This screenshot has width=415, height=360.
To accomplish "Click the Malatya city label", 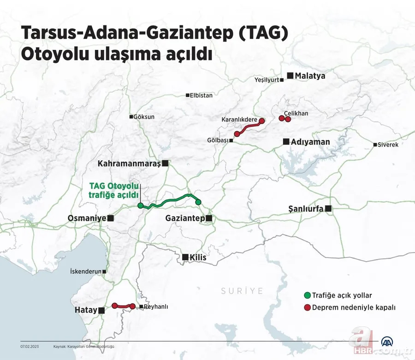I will pyautogui.click(x=310, y=76).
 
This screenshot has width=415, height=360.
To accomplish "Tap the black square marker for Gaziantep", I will pyautogui.click(x=209, y=218).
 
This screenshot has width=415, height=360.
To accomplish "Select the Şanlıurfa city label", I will pyautogui.click(x=305, y=209).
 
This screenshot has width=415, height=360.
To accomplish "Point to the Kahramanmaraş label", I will pyautogui.click(x=129, y=163).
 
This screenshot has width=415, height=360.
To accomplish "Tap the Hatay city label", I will pyautogui.click(x=86, y=311).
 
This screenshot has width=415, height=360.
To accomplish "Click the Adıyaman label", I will pyautogui.click(x=310, y=142).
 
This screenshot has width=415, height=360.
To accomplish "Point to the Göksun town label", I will pyautogui.click(x=144, y=117).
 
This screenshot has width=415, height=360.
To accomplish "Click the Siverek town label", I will pyautogui.click(x=387, y=144).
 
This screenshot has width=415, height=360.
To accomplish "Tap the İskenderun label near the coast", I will pyautogui.click(x=85, y=272).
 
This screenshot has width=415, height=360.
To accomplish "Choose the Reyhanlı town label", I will pyautogui.click(x=156, y=306).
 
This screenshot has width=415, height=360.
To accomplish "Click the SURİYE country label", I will pyautogui.click(x=242, y=291).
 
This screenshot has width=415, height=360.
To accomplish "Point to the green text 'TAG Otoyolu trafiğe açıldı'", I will pyautogui.click(x=114, y=190).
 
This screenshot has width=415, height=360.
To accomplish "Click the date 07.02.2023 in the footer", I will pyautogui.click(x=30, y=346).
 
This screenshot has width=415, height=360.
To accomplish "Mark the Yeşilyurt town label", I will pyautogui.click(x=267, y=80).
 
